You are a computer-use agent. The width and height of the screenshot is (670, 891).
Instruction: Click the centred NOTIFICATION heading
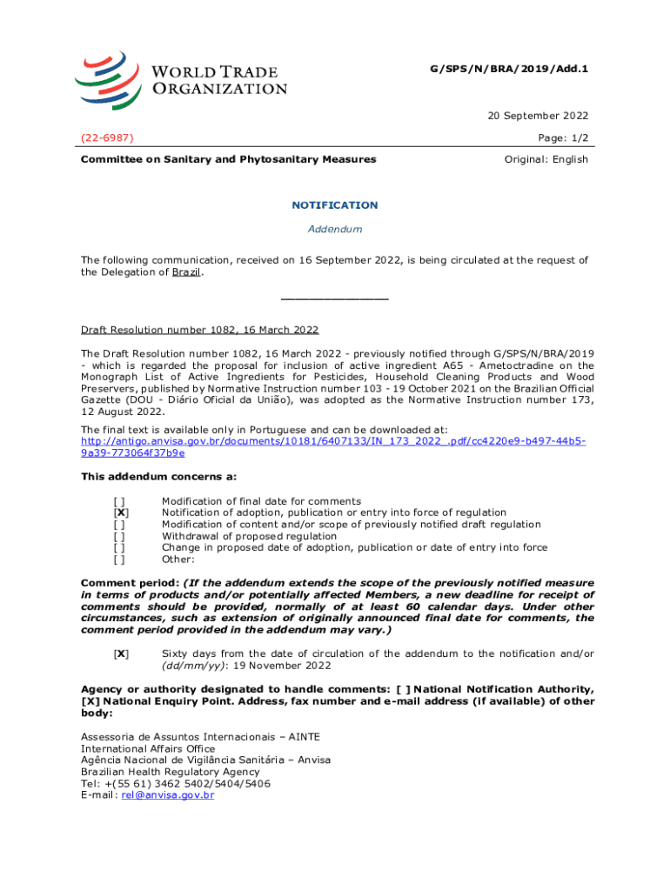(335, 205)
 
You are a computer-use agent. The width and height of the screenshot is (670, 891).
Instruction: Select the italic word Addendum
(335, 229)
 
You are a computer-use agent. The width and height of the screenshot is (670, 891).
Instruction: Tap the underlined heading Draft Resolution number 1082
(199, 331)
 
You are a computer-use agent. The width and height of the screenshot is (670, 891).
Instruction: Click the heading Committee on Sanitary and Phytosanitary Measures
(229, 159)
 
